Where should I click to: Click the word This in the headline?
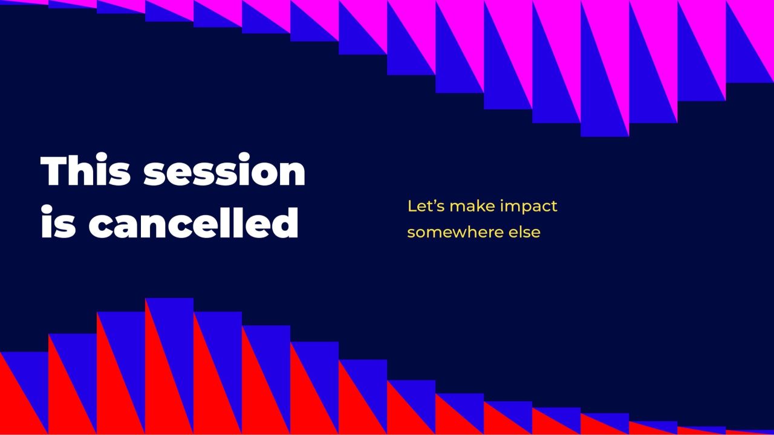coord(85,170)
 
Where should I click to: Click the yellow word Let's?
coord(426,206)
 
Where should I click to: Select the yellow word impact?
coord(528,207)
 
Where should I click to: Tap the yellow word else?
coord(524,232)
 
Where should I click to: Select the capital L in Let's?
coord(412,206)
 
